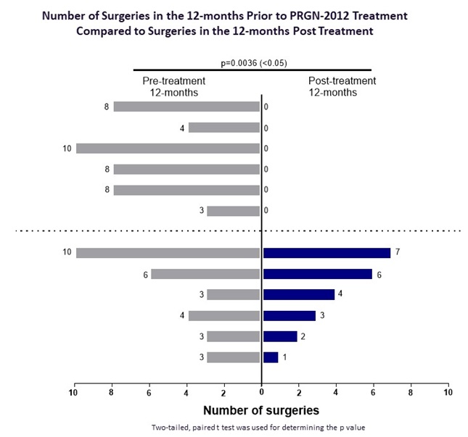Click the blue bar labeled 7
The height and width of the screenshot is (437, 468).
tap(327, 253)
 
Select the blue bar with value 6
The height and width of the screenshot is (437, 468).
tap(317, 274)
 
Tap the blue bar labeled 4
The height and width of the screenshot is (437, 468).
tap(298, 295)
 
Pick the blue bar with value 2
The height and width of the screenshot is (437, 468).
tap(280, 336)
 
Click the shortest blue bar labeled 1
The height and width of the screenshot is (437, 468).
tap(271, 357)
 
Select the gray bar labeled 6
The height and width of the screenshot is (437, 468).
tap(205, 274)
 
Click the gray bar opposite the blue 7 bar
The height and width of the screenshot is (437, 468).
tap(168, 253)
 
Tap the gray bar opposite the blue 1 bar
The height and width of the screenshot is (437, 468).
tap(233, 357)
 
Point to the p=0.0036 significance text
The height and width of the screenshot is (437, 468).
tap(251, 62)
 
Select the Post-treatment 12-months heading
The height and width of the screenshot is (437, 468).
tap(342, 86)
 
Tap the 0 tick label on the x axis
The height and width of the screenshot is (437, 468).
tap(262, 392)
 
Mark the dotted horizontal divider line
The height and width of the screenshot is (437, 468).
tap(145, 230)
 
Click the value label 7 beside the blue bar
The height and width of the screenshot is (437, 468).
tap(398, 253)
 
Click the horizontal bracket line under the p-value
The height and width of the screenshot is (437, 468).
tap(252, 70)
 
